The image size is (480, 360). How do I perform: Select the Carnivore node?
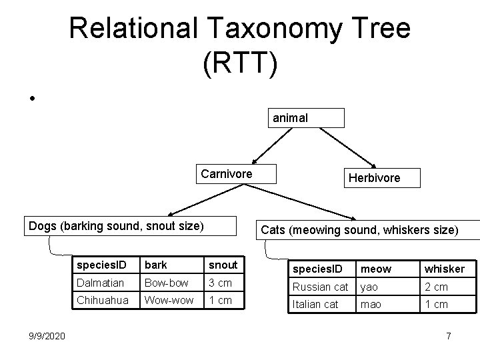pos(226,174)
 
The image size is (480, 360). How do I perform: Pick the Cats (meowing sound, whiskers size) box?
pos(360,230)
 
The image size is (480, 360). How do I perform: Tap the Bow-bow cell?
pos(166,283)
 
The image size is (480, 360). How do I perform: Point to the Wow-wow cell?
pos(169,300)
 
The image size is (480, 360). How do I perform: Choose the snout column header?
pos(223,265)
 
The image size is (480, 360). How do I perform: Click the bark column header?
pos(155,265)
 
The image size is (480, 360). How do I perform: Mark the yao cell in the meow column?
pos(371,287)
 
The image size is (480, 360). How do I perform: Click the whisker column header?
pos(444,269)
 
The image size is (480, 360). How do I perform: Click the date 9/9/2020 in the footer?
pos(47,335)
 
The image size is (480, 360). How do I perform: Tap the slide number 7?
pos(449,335)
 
